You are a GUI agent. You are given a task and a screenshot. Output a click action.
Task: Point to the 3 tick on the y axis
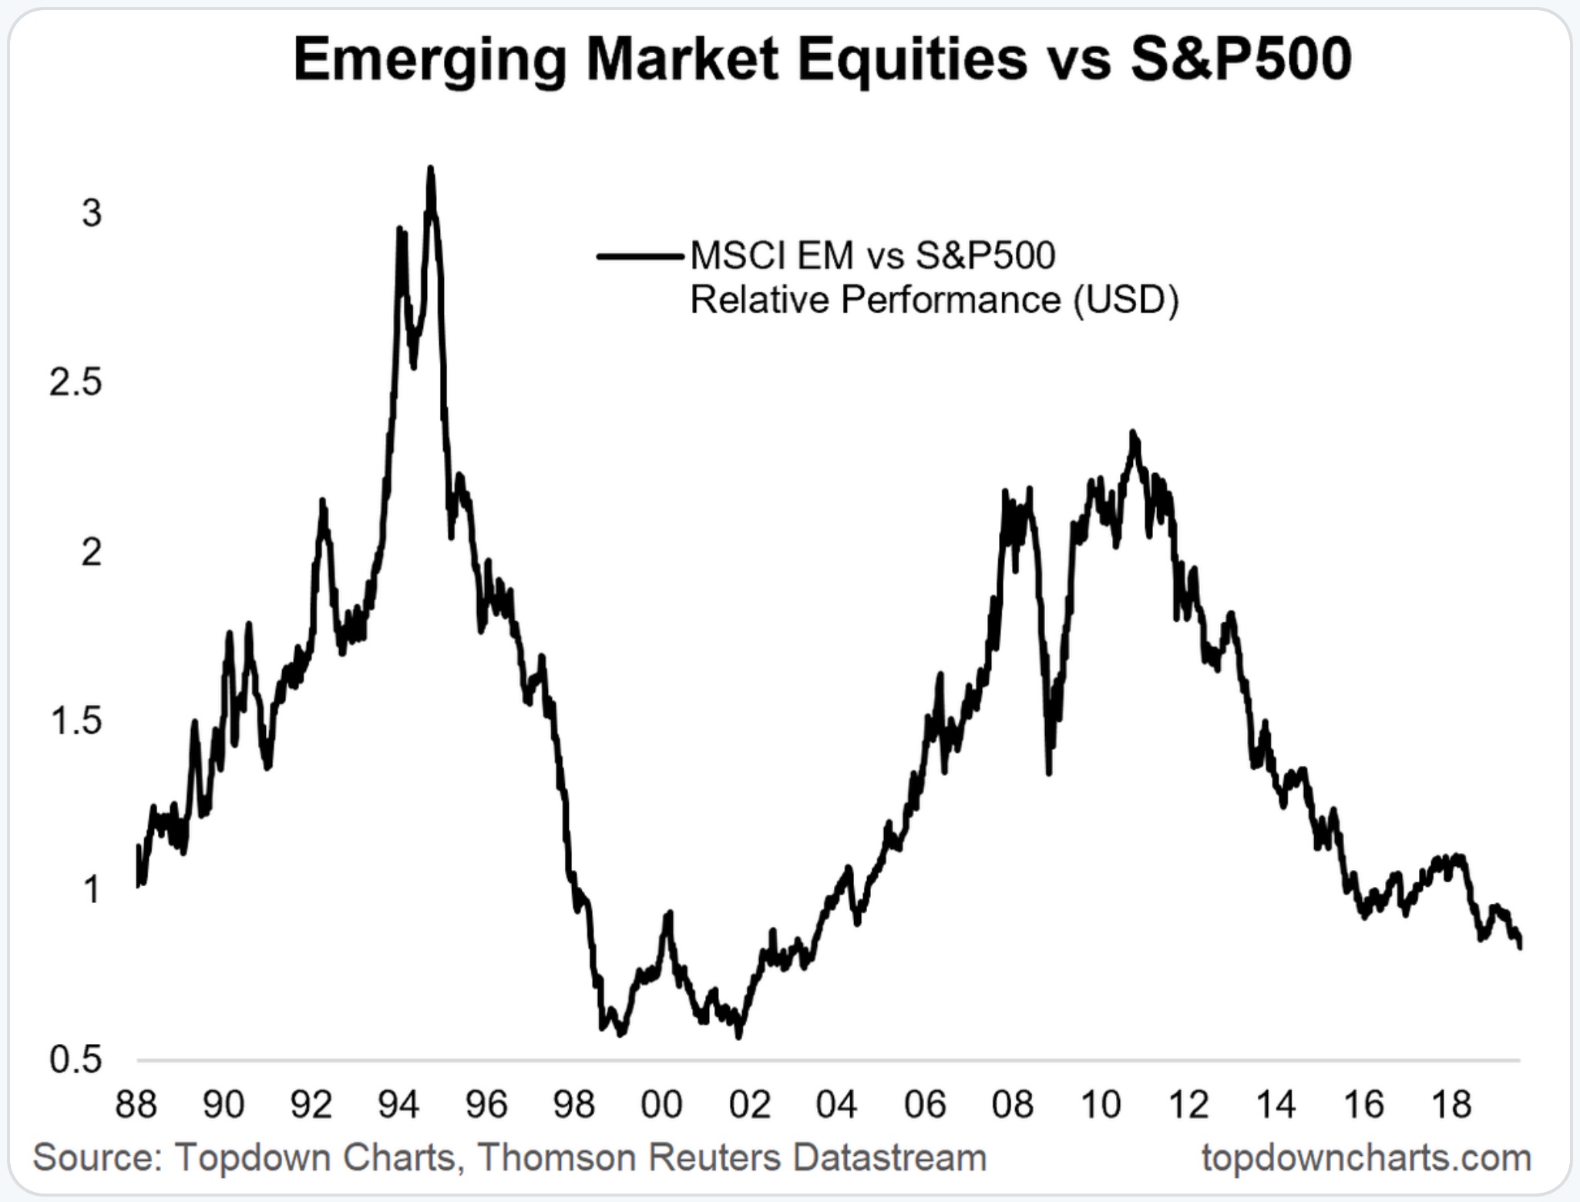tap(92, 213)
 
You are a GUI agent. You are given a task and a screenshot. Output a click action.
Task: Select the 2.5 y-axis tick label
tap(76, 382)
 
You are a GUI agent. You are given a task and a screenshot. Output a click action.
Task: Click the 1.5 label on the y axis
tap(76, 721)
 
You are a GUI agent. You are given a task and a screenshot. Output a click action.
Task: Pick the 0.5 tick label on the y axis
tap(76, 1060)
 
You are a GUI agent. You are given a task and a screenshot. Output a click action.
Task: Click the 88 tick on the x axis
tap(136, 1105)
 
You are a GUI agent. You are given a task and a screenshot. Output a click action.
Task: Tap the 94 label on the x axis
tap(398, 1105)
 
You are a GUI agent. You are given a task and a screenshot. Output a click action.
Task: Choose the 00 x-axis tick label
tap(661, 1105)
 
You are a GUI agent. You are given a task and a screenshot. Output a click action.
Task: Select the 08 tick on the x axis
tap(1012, 1105)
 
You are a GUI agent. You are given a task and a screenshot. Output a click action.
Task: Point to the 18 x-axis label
tap(1451, 1105)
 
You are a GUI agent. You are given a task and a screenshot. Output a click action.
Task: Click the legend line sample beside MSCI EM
tap(640, 257)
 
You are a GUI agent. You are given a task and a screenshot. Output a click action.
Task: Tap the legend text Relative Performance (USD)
tap(934, 300)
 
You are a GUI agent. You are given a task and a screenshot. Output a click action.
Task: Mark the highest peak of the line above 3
tap(431, 168)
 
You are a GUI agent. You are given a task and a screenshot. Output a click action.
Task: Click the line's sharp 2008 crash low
tap(1049, 773)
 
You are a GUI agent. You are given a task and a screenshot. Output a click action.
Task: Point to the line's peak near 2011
tap(1133, 433)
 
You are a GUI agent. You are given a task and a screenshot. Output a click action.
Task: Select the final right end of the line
tap(1519, 948)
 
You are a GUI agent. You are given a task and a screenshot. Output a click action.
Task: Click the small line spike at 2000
tap(668, 913)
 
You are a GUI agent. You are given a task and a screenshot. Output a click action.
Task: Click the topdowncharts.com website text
tap(1366, 1157)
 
